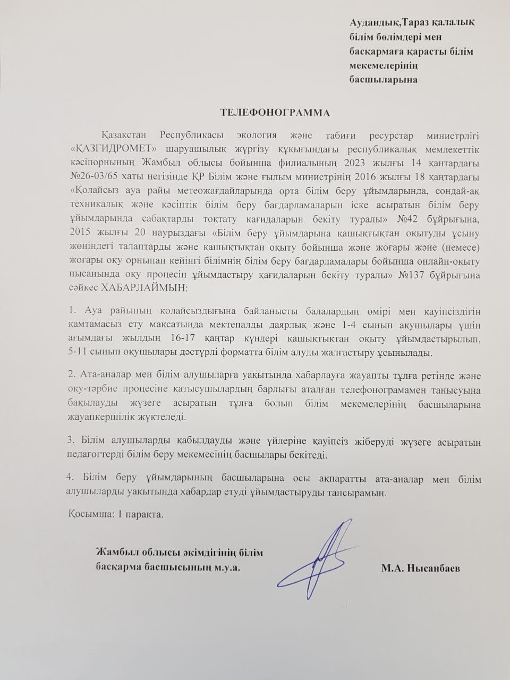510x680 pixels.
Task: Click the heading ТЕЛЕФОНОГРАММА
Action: pos(275,113)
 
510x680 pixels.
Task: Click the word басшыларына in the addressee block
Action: pos(382,80)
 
